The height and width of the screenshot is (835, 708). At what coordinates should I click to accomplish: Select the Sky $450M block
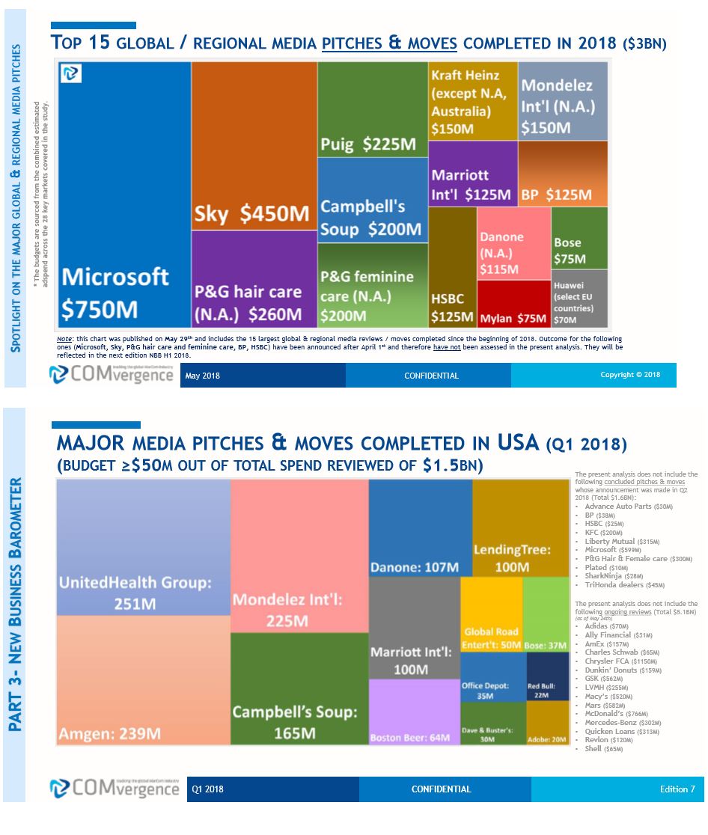click(x=254, y=146)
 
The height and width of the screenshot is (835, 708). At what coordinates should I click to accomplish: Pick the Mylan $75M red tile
click(x=513, y=305)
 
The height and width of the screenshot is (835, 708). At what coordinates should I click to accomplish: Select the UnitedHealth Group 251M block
click(x=143, y=547)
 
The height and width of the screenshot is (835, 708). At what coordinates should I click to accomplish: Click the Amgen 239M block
click(x=143, y=680)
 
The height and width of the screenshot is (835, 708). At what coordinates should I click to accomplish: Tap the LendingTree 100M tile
click(x=521, y=528)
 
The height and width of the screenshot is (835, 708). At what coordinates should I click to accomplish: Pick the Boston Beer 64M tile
click(x=414, y=712)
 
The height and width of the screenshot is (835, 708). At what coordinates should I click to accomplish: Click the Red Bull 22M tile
click(x=548, y=676)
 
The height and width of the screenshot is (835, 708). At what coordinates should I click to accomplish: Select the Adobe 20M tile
click(x=548, y=723)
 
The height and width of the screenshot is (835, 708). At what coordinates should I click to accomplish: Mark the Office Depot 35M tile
click(x=492, y=676)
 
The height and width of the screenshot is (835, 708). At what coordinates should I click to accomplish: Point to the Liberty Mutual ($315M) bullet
click(x=622, y=541)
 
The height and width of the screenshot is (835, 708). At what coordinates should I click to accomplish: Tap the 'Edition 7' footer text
click(x=677, y=789)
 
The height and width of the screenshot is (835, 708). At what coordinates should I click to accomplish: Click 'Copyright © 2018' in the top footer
click(x=630, y=375)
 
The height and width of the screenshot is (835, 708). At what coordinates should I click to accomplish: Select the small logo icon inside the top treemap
click(x=71, y=73)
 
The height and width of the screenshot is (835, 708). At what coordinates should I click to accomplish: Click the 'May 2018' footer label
click(x=203, y=376)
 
